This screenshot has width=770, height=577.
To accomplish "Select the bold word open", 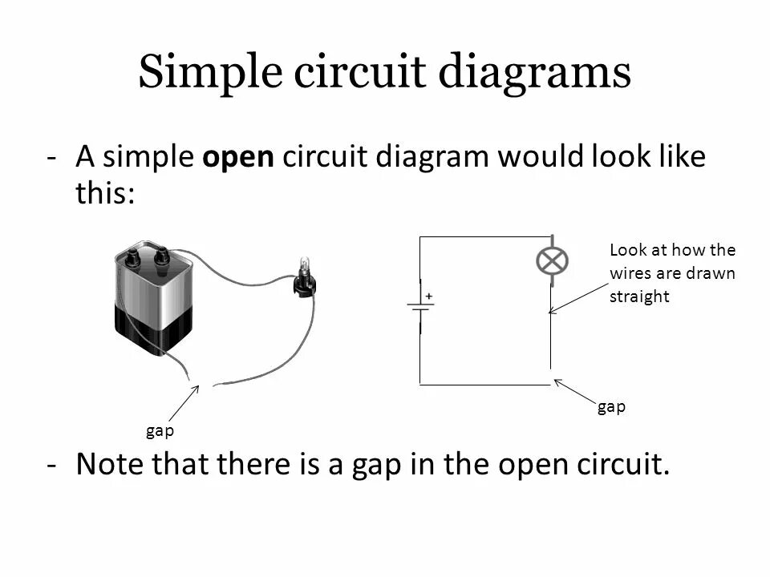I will (x=239, y=157).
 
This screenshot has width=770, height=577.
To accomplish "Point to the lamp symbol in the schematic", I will (x=552, y=260).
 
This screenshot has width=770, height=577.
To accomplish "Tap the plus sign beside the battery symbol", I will (x=429, y=297).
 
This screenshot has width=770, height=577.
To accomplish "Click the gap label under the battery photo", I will (x=160, y=431).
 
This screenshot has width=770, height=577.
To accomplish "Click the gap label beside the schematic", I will (x=611, y=407).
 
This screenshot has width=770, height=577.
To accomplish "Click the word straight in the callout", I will (x=639, y=297).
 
